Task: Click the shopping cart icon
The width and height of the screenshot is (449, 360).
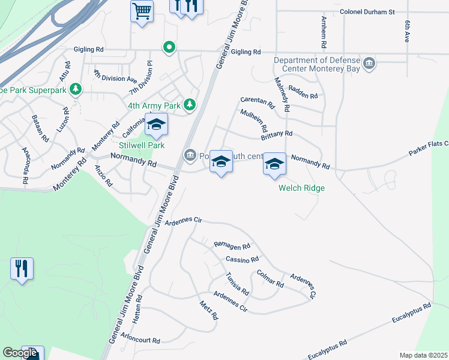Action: pos(142,11)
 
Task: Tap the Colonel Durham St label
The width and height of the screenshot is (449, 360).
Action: pos(367,11)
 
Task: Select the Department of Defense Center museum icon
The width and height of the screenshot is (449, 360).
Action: pos(370,63)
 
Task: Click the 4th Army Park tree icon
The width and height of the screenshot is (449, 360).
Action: pos(190,106)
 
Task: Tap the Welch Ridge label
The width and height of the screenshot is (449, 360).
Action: pos(301,188)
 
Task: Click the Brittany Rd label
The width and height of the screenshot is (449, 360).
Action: pos(277,134)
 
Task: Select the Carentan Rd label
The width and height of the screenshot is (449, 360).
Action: pos(258,103)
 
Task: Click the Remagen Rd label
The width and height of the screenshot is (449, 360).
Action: pos(232,245)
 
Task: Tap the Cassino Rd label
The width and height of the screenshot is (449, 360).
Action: pos(242,259)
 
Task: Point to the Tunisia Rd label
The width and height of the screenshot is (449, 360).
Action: pos(237,283)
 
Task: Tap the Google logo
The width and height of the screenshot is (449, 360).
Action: pos(20,353)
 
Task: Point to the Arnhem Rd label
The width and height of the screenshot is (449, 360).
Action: pos(323,34)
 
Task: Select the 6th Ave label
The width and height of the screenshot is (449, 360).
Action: pos(407,31)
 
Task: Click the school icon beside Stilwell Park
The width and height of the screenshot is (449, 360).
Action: pos(156,125)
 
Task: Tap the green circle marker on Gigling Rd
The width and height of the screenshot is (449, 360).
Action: pos(169,47)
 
